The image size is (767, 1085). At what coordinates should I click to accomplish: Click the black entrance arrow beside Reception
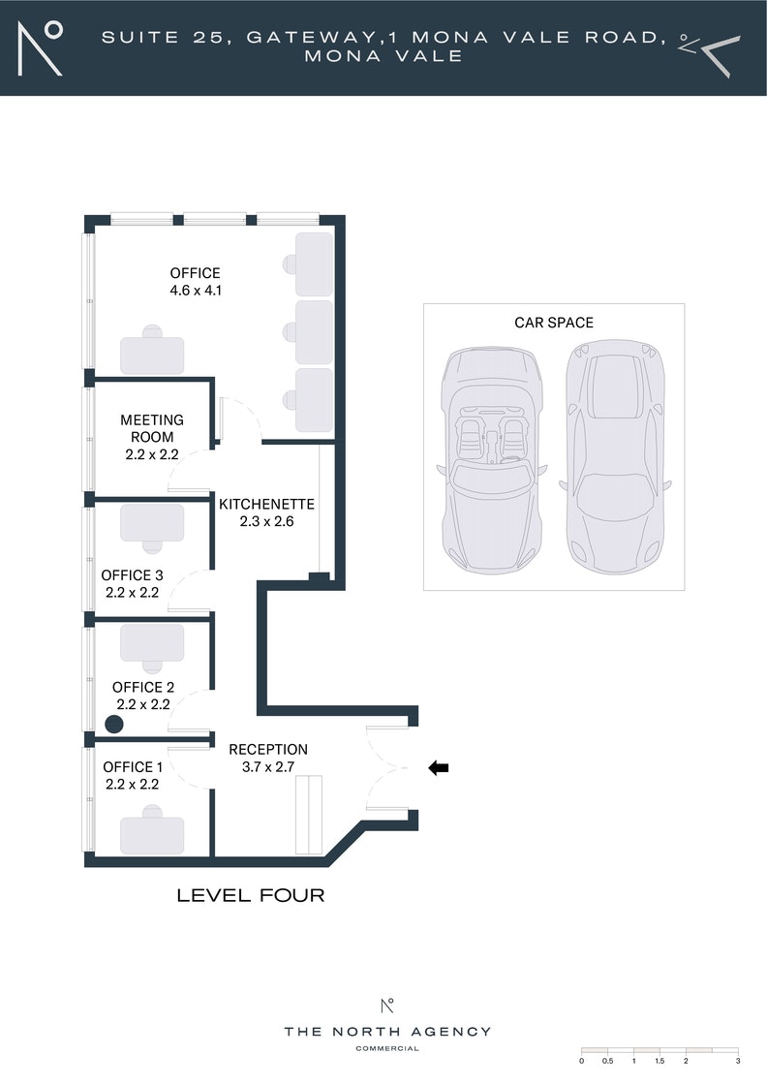coord(439,767)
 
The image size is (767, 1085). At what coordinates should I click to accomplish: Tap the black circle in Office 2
coord(114,725)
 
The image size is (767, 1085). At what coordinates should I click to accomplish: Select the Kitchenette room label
coord(267,504)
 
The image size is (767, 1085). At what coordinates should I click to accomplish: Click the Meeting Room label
coord(152,428)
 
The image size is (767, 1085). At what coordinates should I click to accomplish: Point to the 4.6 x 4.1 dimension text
coord(196,291)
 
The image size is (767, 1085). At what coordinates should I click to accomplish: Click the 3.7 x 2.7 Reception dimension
coord(268,766)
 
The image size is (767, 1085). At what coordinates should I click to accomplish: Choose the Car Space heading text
coord(554,323)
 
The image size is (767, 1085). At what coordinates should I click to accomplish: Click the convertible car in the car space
coord(492,459)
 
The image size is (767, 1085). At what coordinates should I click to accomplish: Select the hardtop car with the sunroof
coord(616,456)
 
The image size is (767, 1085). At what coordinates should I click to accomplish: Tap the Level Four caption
coord(251,895)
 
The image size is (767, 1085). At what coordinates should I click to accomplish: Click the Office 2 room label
coord(143,687)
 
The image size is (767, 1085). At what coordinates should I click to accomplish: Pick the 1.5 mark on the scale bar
coord(660,1060)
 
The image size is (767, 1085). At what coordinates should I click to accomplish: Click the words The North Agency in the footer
coord(387,1032)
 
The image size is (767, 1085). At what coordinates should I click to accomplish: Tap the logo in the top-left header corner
coord(40,48)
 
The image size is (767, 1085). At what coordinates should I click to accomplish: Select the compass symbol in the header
coord(709,54)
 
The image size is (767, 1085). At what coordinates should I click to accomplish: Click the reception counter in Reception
coord(309,815)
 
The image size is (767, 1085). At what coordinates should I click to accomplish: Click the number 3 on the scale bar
coord(738,1060)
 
